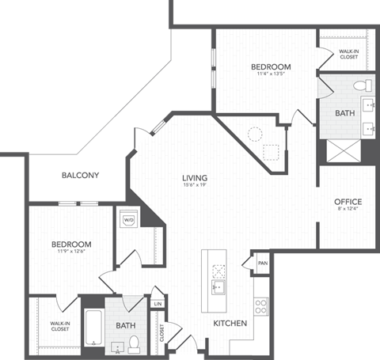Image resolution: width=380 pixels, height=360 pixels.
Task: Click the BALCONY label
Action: [81, 176]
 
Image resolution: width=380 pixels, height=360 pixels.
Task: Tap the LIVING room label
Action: [194, 177]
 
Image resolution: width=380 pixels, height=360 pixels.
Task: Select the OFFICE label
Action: [348, 202]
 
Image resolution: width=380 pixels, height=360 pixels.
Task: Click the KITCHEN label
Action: [230, 324]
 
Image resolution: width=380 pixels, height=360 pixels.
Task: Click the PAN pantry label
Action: [262, 263]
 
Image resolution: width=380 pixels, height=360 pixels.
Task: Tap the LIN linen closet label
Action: [158, 303]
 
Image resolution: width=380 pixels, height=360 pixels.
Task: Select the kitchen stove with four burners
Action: [261, 306]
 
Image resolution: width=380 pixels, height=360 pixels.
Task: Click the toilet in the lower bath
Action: [135, 342]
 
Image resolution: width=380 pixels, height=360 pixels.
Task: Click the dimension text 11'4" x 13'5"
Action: [272, 76]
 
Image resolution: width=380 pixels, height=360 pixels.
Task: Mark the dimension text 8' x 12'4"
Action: [348, 210]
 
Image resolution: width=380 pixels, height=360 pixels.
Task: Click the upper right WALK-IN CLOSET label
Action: [348, 55]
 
